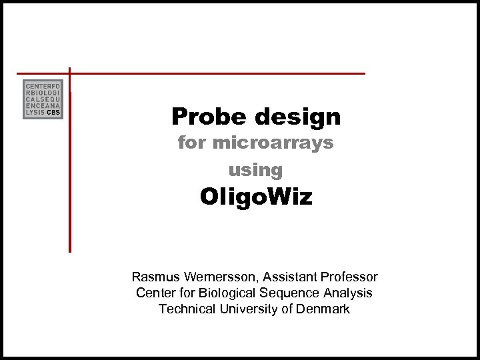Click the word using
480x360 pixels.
click(255, 170)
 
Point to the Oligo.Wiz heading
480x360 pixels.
click(256, 198)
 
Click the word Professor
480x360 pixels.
click(351, 277)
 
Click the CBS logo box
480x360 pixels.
click(43, 99)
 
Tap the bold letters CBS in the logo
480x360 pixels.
click(54, 113)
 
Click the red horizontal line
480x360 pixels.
click(220, 73)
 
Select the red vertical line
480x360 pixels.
click(69, 167)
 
